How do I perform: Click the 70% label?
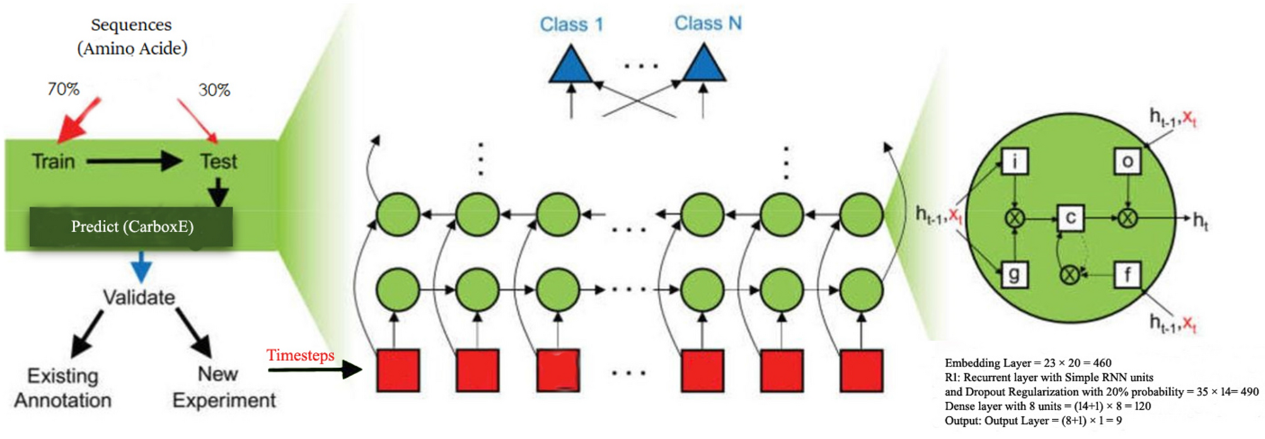[x=64, y=89]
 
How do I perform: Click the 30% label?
[x=214, y=90]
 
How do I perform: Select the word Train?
[x=54, y=161]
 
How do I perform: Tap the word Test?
[x=219, y=161]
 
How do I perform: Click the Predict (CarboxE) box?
[x=131, y=227]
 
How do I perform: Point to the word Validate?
[x=139, y=297]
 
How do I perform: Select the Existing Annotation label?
[x=63, y=388]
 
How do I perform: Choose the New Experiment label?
[x=224, y=387]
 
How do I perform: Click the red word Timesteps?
[x=300, y=355]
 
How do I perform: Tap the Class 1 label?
[x=571, y=25]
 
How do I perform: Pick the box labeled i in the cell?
[x=1014, y=161]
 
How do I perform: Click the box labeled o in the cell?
[x=1127, y=161]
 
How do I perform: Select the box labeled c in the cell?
[x=1070, y=218]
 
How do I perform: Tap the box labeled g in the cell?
[x=1014, y=274]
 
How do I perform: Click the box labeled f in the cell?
[x=1127, y=274]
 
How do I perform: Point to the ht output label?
[x=1201, y=220]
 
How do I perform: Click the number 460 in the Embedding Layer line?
[x=1102, y=363]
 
